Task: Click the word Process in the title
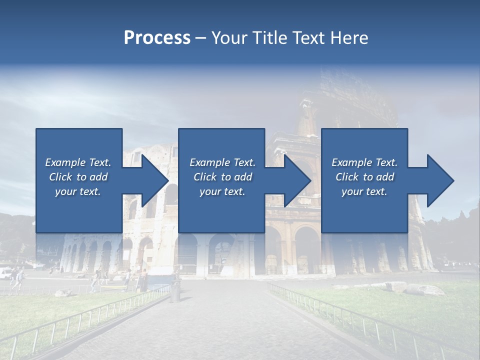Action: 157,38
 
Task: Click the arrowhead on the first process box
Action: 152,180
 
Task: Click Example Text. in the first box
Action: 78,162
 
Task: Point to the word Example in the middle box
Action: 209,162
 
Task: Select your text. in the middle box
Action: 222,191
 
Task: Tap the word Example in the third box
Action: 351,162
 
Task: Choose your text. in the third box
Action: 364,191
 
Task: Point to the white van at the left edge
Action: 5,273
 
